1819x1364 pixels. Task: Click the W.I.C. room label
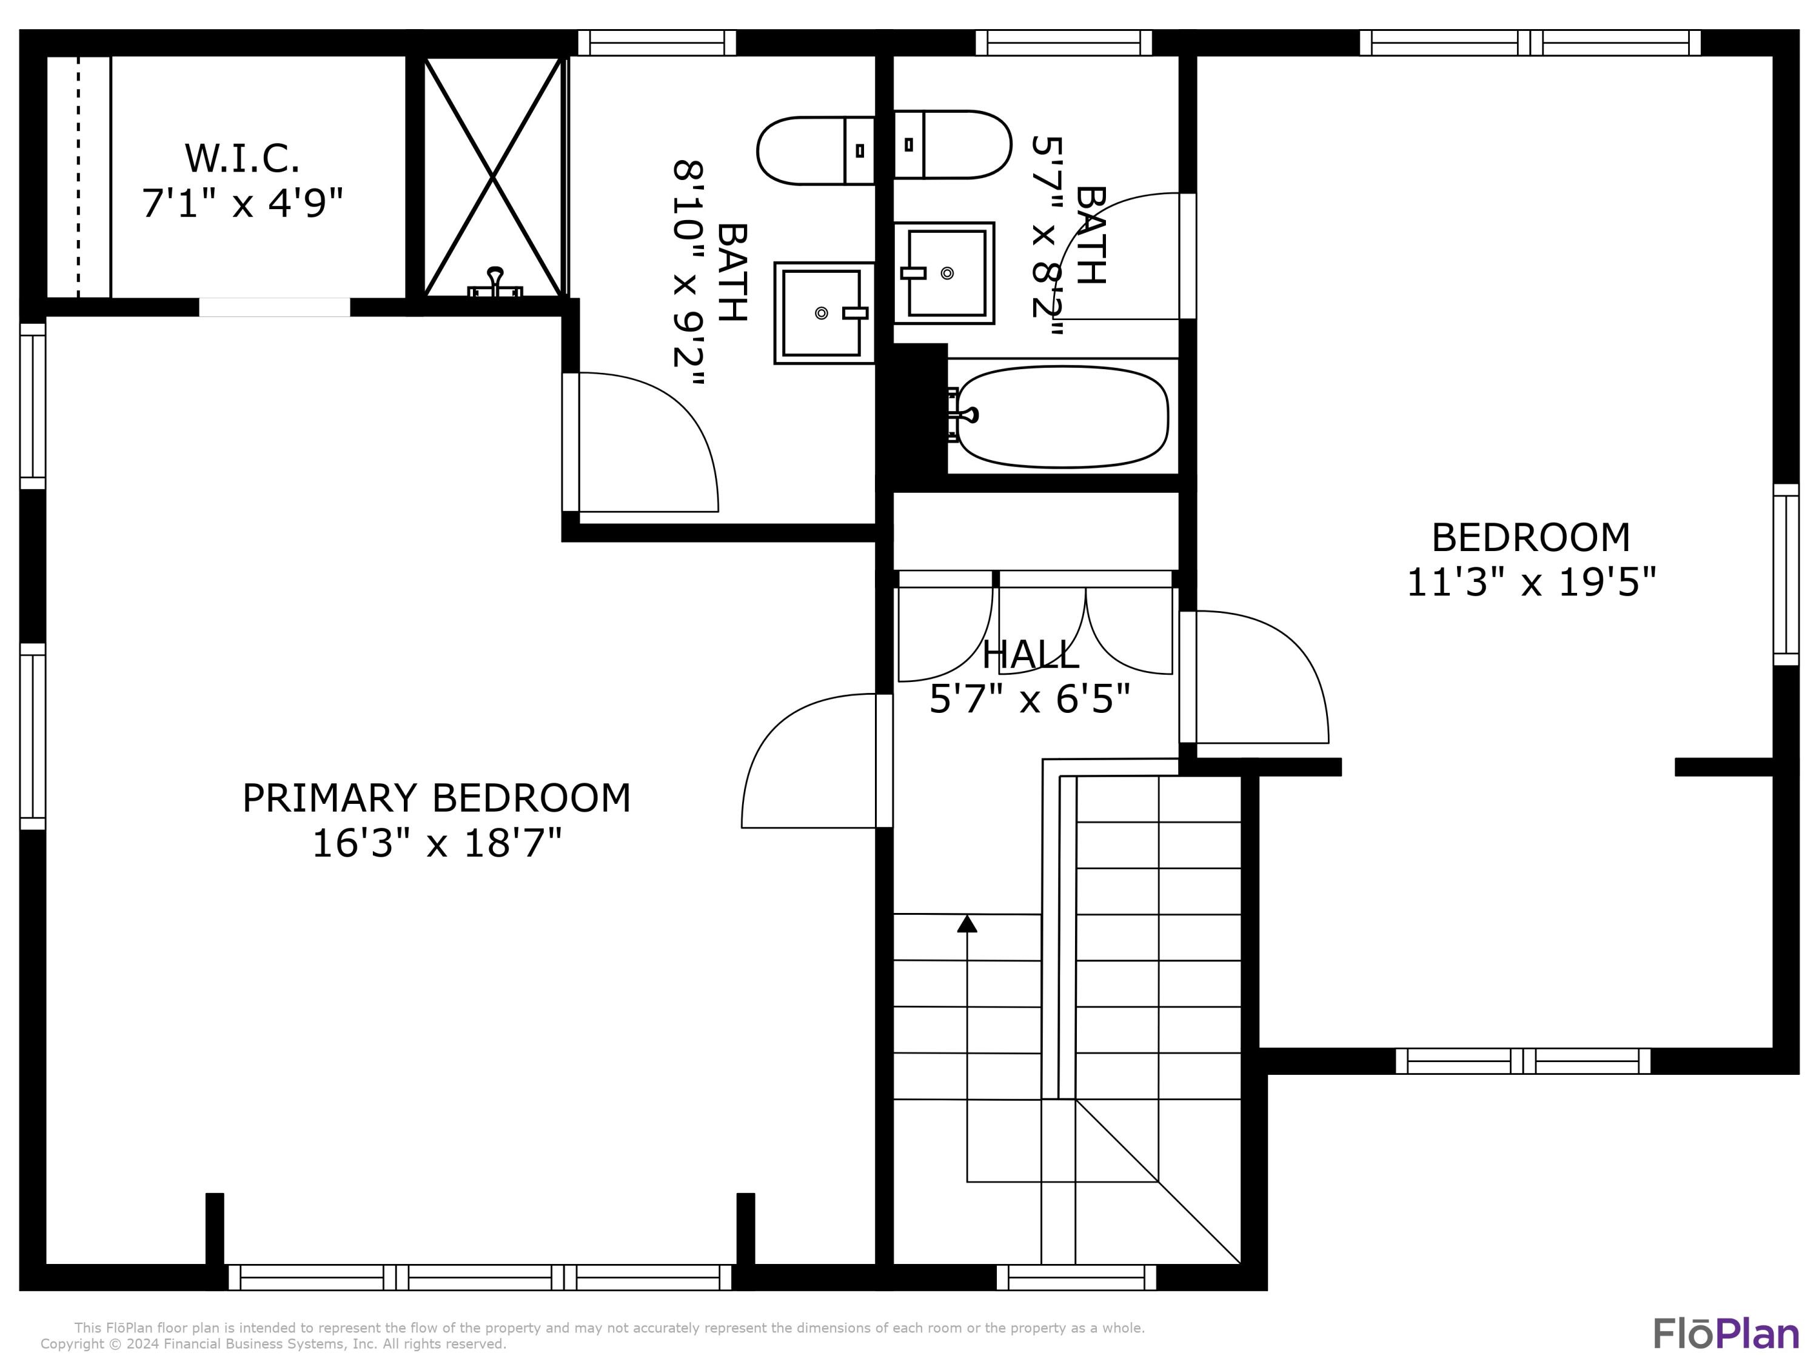pos(242,159)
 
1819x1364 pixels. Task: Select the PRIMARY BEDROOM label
pos(437,798)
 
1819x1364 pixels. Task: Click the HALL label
pos(1030,655)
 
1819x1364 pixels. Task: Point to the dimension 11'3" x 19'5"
pos(1531,582)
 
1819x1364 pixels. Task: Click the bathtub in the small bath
pos(1062,417)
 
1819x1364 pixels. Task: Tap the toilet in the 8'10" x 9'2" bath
pos(814,150)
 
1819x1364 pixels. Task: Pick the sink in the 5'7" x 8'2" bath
pos(946,273)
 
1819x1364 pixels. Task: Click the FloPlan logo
pos(1725,1334)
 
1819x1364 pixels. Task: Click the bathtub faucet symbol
pos(962,416)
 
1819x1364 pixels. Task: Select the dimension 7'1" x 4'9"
pos(242,203)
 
